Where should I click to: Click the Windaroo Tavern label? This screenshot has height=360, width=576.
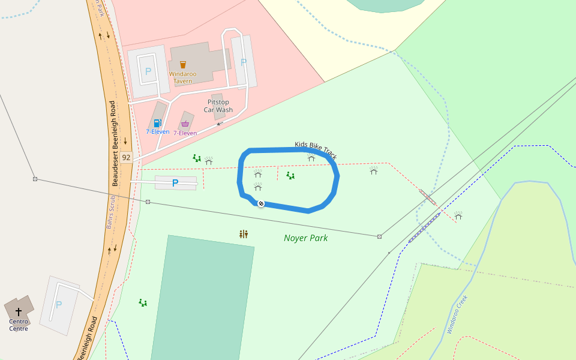point(182,77)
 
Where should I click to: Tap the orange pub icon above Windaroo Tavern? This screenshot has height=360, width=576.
point(183,64)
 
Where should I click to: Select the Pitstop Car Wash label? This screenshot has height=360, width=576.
point(218,106)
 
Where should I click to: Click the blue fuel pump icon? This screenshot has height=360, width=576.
point(158,123)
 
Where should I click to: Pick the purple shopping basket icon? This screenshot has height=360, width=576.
point(185,124)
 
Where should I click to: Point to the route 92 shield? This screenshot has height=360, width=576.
point(125,157)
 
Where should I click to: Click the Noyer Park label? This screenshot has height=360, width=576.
point(305,238)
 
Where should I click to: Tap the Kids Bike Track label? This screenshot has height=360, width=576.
point(316,151)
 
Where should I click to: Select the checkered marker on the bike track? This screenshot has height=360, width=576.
point(261,203)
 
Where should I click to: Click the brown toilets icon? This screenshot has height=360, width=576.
point(243,234)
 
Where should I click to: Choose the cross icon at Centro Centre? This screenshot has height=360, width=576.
point(19,312)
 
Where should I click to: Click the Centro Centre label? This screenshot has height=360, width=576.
point(19,325)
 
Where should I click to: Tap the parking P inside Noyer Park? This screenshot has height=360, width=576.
point(175,183)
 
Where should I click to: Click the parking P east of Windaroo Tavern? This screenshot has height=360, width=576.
point(244,62)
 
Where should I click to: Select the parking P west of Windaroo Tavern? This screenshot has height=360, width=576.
point(148,71)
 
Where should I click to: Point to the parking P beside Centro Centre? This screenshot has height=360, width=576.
point(59,305)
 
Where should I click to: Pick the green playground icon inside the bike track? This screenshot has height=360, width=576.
point(290,176)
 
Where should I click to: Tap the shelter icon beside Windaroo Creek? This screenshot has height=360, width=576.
point(458,215)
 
